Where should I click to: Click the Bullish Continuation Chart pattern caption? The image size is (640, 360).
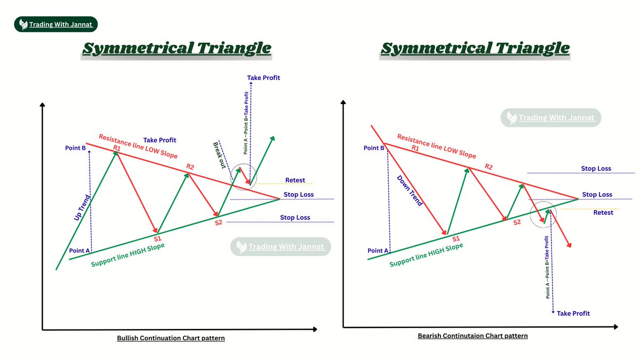tap(171, 338)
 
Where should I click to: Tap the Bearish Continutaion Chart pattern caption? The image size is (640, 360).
tap(473, 336)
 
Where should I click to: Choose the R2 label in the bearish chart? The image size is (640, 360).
tap(489, 166)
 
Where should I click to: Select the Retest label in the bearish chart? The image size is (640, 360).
tap(603, 213)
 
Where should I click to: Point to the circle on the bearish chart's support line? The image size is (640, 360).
tap(543, 213)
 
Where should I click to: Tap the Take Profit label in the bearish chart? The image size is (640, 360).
tap(573, 314)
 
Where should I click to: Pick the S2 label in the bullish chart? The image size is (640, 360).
tap(219, 222)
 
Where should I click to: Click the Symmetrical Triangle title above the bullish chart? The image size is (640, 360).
tap(177, 48)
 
